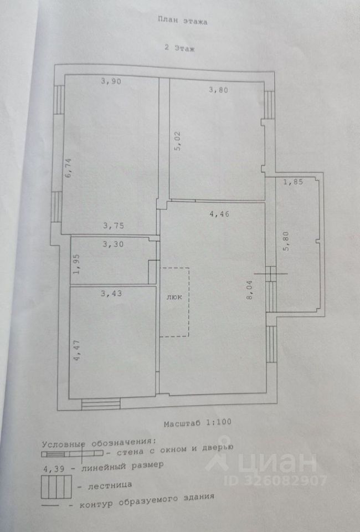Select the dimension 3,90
[111, 81]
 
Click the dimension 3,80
[218, 89]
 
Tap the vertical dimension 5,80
[286, 242]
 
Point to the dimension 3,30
[112, 243]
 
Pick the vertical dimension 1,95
[78, 264]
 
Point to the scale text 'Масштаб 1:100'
[197, 423]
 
